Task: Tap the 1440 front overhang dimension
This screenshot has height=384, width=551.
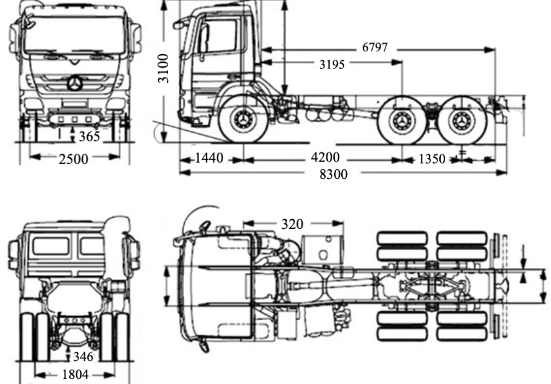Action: click(x=208, y=158)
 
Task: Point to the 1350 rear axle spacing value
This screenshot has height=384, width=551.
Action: click(x=431, y=159)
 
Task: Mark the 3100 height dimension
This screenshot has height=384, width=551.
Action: click(x=164, y=68)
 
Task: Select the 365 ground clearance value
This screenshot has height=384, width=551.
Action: click(x=89, y=137)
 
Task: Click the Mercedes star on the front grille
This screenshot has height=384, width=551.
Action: click(x=75, y=83)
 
